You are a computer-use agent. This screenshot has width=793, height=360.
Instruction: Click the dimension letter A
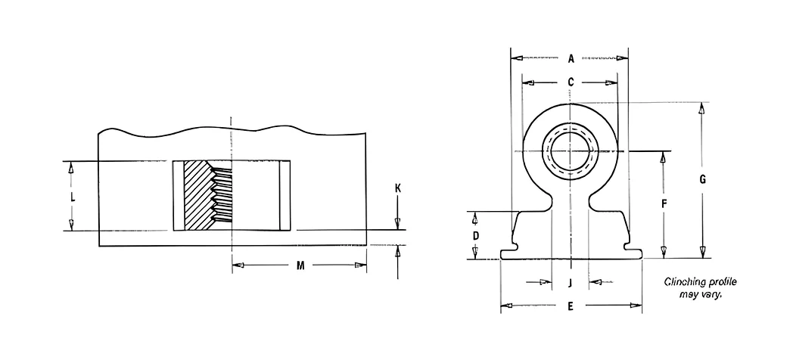click(571, 59)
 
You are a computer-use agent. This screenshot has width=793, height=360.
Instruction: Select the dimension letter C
click(571, 82)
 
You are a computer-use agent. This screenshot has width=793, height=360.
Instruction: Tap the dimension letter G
click(702, 179)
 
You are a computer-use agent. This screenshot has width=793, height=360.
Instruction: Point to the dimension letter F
click(664, 203)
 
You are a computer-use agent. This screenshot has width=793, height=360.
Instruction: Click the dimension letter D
click(475, 236)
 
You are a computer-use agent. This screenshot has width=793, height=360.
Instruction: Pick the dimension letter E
click(571, 306)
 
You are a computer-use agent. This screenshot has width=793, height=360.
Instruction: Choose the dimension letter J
click(570, 283)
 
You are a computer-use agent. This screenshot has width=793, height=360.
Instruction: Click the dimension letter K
click(397, 188)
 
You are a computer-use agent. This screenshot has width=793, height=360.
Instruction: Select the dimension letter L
click(73, 198)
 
